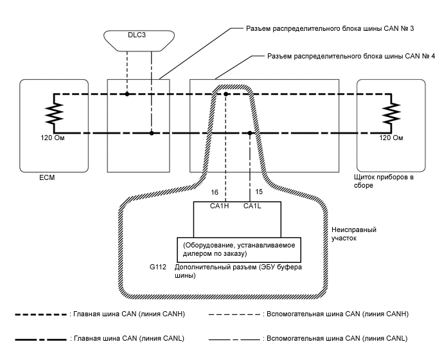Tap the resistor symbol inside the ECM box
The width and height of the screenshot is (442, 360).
(x=52, y=114)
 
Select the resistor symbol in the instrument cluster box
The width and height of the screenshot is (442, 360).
(x=389, y=114)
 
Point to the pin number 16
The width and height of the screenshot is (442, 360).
(x=215, y=192)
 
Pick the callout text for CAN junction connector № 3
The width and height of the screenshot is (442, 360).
(x=319, y=29)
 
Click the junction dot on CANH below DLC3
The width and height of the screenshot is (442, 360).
(x=127, y=94)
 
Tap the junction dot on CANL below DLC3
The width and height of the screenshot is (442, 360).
(x=152, y=133)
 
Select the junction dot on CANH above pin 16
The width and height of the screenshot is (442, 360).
(x=226, y=94)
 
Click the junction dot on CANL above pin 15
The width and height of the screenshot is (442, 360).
(x=250, y=133)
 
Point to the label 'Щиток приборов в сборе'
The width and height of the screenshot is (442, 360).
(x=382, y=181)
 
